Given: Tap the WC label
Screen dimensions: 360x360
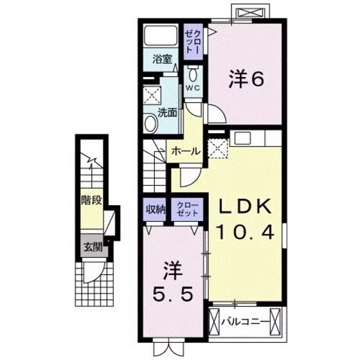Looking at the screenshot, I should point(194,87).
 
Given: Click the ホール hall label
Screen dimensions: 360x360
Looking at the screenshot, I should point(185,151).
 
